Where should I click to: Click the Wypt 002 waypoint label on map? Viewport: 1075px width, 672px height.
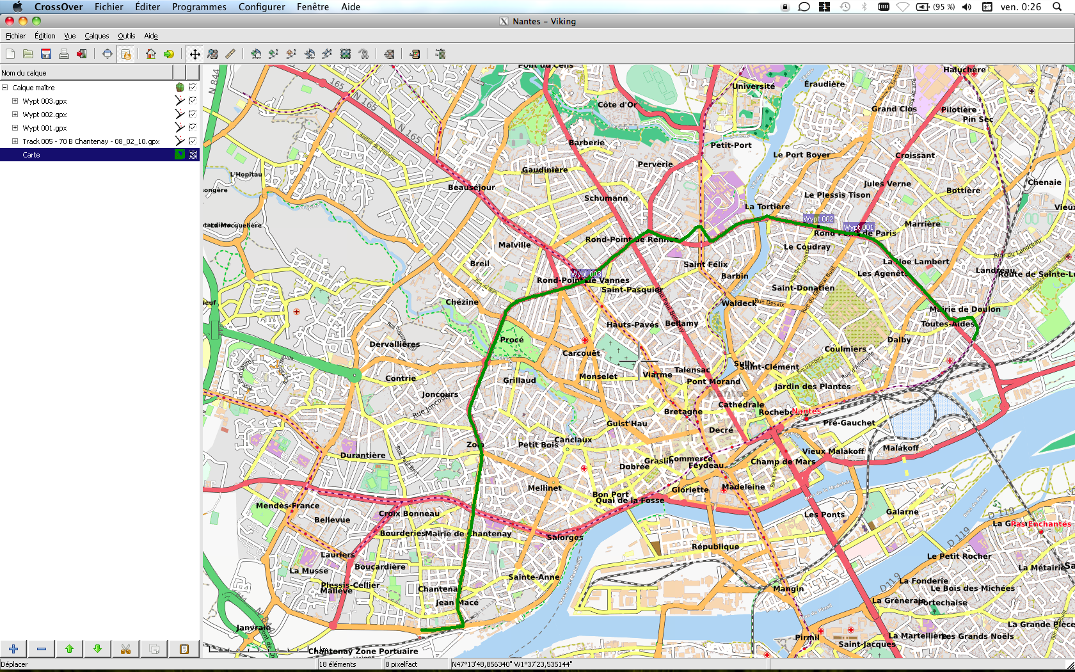point(818,219)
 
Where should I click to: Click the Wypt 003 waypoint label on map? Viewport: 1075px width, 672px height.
point(586,274)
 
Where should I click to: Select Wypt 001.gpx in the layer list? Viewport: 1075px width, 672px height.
point(44,128)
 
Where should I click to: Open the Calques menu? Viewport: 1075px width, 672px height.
point(97,36)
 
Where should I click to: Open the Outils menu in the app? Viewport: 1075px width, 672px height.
point(126,36)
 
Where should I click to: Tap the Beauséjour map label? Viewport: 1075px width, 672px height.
point(471,188)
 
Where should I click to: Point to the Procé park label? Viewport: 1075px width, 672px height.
point(512,340)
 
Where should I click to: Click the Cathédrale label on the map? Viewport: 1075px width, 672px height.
point(741,404)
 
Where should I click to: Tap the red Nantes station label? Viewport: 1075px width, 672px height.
point(806,411)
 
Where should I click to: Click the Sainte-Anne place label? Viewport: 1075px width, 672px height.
point(534,577)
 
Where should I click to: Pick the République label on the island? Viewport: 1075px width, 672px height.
point(715,547)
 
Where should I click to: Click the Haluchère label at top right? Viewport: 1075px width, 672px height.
point(964,70)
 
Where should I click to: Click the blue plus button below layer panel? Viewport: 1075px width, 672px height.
point(13,649)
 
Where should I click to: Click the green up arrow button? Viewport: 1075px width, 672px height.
point(69,649)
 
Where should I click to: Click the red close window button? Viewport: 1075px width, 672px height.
point(10,21)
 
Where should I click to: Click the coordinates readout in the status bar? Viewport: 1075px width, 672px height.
point(512,664)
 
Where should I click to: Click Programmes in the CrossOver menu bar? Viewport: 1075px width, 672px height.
point(199,7)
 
